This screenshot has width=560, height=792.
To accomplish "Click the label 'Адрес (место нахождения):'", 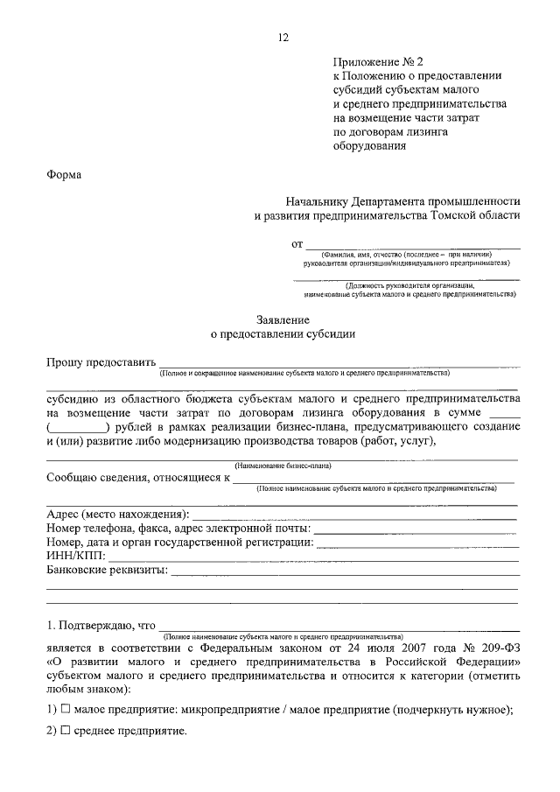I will point(116,513).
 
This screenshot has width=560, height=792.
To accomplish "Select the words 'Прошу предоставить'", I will point(101,361).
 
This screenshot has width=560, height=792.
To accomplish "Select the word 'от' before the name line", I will point(297,244).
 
